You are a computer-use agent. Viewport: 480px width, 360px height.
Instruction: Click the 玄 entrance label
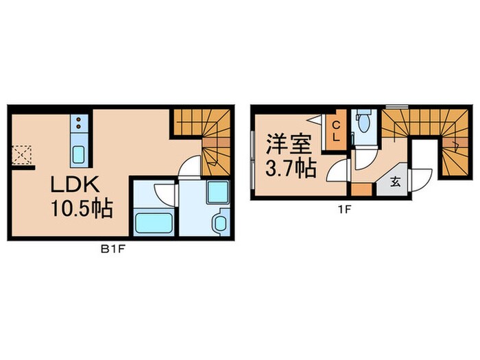pyautogui.click(x=396, y=182)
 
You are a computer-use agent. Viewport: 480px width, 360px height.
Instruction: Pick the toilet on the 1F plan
pyautogui.click(x=363, y=124)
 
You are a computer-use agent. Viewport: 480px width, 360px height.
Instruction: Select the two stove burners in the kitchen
pyautogui.click(x=78, y=123)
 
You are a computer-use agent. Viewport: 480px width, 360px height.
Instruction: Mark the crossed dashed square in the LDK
pyautogui.click(x=23, y=154)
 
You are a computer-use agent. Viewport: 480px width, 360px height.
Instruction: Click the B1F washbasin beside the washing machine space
pyautogui.click(x=220, y=223)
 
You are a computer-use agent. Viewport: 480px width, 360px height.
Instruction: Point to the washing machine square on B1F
pyautogui.click(x=217, y=193)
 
